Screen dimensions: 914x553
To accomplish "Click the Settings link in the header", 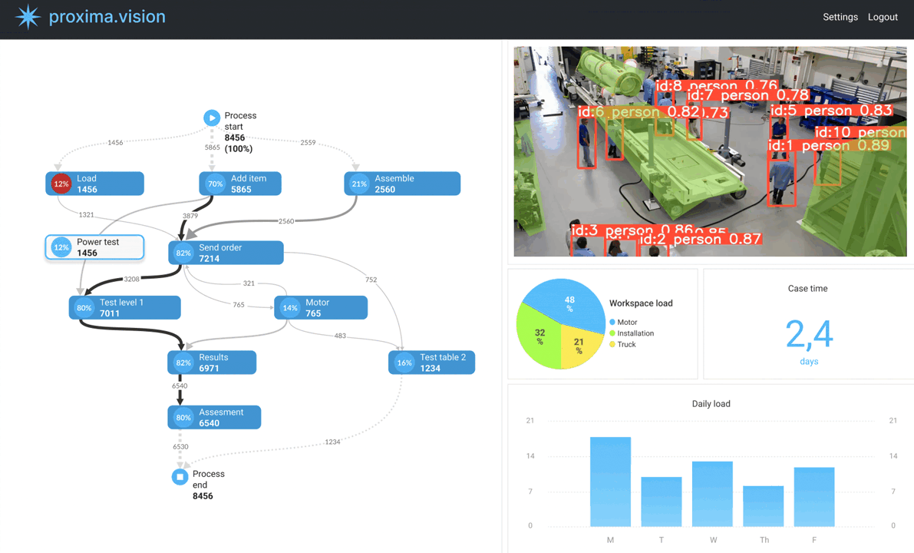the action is pyautogui.click(x=840, y=17).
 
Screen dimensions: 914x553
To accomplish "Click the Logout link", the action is pyautogui.click(x=883, y=17).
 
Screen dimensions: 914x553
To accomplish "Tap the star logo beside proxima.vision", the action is pyautogui.click(x=28, y=17).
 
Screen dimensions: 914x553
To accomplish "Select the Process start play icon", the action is pyautogui.click(x=212, y=118).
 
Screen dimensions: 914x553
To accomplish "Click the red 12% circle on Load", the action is pyautogui.click(x=61, y=184).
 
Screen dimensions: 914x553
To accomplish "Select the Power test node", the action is pyautogui.click(x=95, y=247).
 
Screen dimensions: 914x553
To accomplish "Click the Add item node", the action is pyautogui.click(x=240, y=184).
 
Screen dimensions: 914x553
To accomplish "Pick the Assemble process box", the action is pyautogui.click(x=402, y=184).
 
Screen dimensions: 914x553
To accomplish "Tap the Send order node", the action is pyautogui.click(x=226, y=253).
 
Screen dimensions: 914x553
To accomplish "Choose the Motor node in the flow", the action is pyautogui.click(x=321, y=308).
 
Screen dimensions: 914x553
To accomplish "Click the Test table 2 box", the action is pyautogui.click(x=431, y=363).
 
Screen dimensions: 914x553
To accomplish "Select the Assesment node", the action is pyautogui.click(x=214, y=417).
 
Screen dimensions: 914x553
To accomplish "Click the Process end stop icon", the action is pyautogui.click(x=180, y=477).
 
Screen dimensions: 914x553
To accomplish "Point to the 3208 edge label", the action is pyautogui.click(x=132, y=280).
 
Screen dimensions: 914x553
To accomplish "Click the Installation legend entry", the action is pyautogui.click(x=635, y=333).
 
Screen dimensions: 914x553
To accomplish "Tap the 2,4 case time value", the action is pyautogui.click(x=808, y=334).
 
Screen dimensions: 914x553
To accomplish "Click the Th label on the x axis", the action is pyautogui.click(x=764, y=540).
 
